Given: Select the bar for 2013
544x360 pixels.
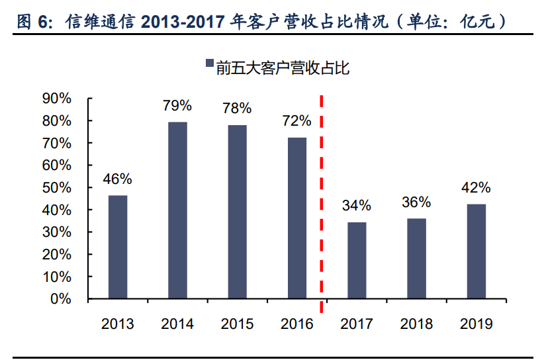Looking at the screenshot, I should pos(118,247).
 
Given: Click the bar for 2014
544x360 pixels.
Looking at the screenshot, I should pos(177,210).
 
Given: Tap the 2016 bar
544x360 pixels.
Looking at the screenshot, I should pos(297,218).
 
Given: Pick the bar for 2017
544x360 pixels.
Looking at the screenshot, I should pos(357,260).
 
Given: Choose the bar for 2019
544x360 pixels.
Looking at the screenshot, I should pos(476,251).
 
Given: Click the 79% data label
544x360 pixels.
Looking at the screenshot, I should pos(177,106).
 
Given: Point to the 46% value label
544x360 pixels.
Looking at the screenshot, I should pos(118,179).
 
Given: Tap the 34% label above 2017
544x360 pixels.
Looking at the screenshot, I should pos(357,206).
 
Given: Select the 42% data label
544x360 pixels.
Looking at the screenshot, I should pos(476,188).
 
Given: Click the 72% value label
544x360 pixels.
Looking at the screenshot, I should pos(296,121).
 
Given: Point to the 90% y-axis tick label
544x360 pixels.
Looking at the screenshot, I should pos(56,99).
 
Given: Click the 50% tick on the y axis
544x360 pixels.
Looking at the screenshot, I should pos(56,187).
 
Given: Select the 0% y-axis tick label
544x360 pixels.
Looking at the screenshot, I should pos(60,298).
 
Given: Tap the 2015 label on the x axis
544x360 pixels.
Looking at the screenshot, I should pos(237,324).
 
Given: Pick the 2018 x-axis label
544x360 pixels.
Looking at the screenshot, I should pos(416,324).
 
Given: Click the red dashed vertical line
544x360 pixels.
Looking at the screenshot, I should pos(322,199).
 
